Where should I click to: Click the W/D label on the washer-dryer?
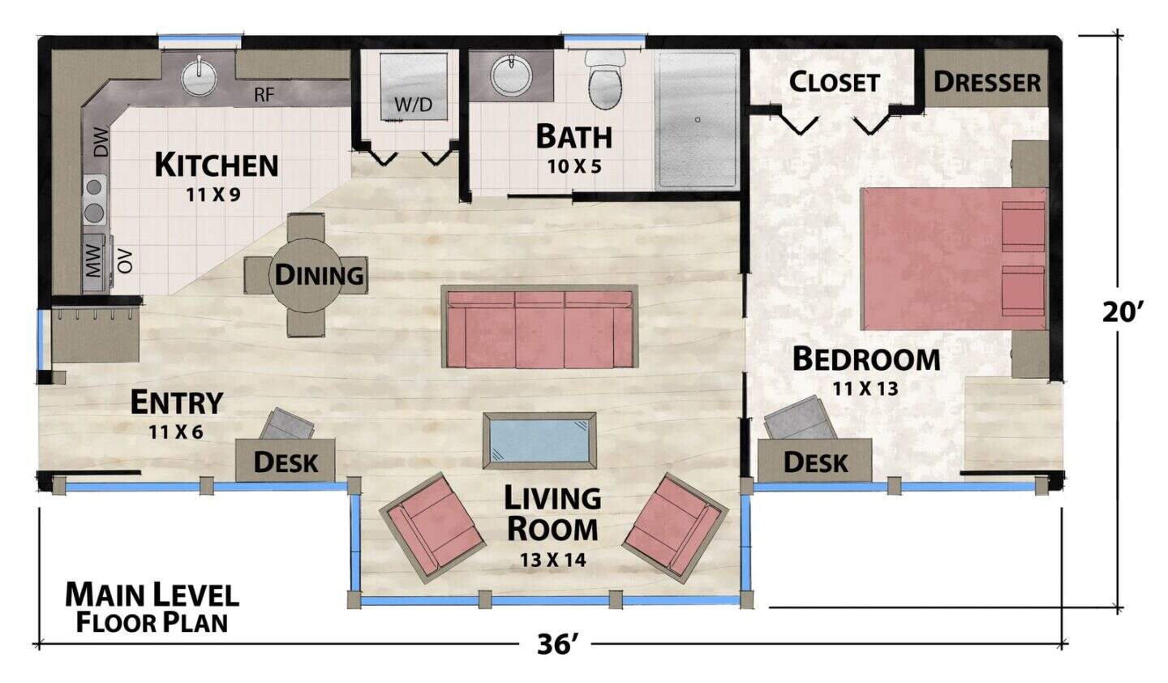tap(413, 105)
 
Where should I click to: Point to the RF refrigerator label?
tap(264, 95)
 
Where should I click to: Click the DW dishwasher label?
tap(101, 142)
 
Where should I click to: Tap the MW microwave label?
tap(93, 262)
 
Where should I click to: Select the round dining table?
tap(306, 276)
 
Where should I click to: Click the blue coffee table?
tap(539, 441)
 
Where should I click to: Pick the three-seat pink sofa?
tap(539, 326)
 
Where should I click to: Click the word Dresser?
tap(986, 82)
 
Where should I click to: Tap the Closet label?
tap(835, 82)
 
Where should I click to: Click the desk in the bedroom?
tap(814, 460)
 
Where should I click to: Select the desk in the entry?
tap(286, 460)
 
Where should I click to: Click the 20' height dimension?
tap(1123, 312)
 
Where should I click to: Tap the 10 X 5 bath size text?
tap(574, 167)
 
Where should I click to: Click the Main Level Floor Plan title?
tap(152, 608)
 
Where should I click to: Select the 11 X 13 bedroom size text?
tap(865, 389)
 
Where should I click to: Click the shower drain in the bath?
tap(698, 120)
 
